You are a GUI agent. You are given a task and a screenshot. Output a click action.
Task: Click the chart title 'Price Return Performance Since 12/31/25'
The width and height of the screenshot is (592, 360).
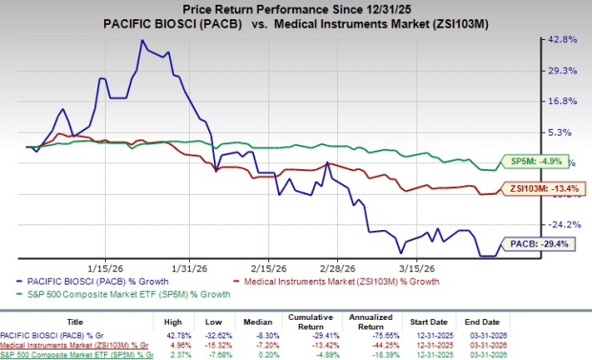point(296,8)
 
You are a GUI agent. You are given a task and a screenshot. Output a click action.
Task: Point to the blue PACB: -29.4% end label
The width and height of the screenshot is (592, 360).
point(540,244)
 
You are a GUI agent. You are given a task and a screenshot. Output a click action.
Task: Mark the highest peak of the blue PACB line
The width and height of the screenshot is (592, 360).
point(141,41)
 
